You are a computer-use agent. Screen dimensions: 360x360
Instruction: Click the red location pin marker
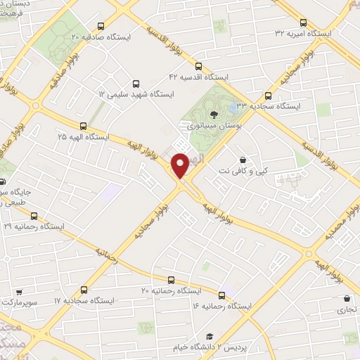(181, 165)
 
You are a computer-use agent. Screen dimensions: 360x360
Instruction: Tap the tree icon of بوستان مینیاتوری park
(214, 113)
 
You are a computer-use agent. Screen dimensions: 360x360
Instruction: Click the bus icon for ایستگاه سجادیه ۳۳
(268, 96)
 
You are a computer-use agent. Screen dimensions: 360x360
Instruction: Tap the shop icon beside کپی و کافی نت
(243, 160)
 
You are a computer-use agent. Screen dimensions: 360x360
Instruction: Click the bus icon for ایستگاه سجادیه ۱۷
(84, 289)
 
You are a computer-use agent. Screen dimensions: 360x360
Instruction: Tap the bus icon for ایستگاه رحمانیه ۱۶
(223, 295)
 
